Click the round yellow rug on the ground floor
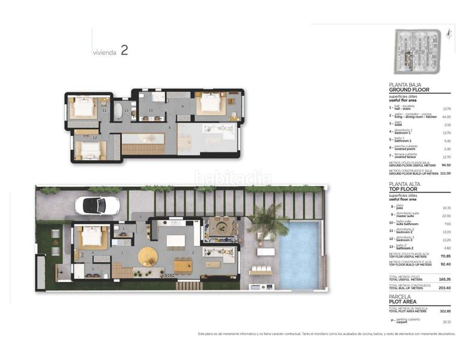pyautogui.click(x=148, y=257)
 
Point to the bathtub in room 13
pyautogui.click(x=118, y=111)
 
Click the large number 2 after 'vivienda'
pyautogui.click(x=124, y=50)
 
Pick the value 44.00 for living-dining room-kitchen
pyautogui.click(x=446, y=117)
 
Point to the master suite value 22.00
pyautogui.click(x=446, y=216)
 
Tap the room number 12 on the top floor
pyautogui.click(x=95, y=137)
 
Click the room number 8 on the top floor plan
pyautogui.click(x=170, y=127)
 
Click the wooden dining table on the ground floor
pyautogui.click(x=183, y=264)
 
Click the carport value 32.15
pyautogui.click(x=446, y=322)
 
